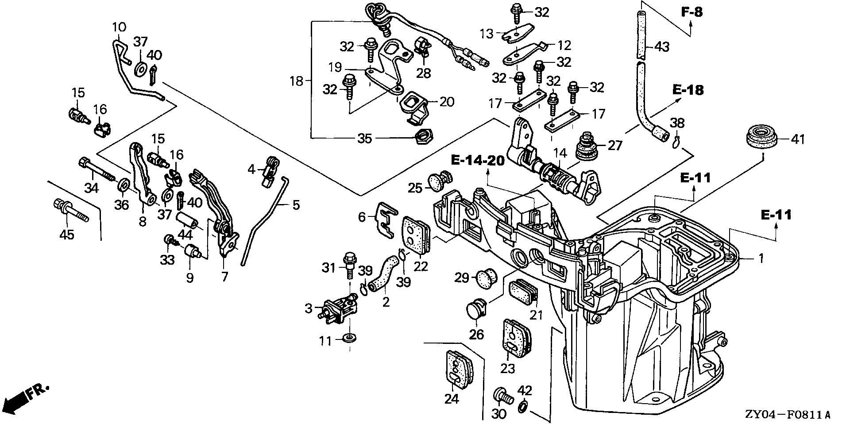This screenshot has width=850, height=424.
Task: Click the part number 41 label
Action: tap(798, 140)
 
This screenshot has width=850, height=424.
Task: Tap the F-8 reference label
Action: tap(691, 12)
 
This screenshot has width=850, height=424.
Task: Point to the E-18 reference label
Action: tap(688, 90)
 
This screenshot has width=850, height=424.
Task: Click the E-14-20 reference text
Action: tap(478, 160)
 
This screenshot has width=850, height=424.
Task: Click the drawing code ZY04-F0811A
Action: tap(787, 415)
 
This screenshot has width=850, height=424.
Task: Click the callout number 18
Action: tap(296, 81)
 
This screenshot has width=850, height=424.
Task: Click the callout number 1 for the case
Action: tap(761, 258)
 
